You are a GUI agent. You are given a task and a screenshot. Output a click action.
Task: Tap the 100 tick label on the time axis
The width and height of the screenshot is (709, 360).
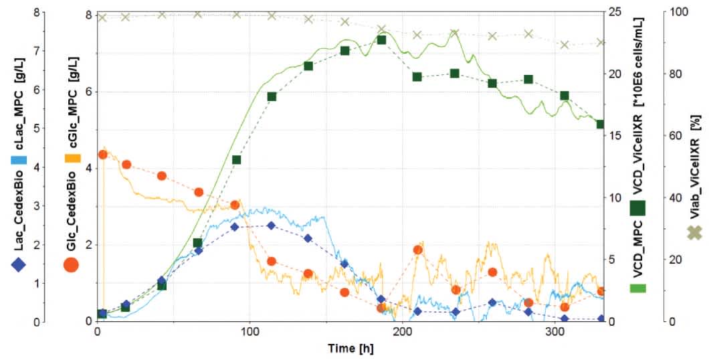pos(250,332)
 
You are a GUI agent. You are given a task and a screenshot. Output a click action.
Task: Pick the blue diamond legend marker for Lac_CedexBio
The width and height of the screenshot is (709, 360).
pos(19,264)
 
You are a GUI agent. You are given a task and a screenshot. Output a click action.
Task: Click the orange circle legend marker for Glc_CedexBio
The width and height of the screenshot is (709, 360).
pos(72,264)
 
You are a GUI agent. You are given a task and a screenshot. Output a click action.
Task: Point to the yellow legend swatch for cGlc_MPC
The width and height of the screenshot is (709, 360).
pos(72,159)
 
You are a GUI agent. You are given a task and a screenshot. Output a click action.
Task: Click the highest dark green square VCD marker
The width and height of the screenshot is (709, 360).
pos(381,40)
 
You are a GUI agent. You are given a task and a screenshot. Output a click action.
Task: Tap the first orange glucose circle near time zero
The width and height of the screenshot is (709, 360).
pos(103,155)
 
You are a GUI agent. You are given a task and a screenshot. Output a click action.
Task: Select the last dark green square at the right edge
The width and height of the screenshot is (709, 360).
pos(601,124)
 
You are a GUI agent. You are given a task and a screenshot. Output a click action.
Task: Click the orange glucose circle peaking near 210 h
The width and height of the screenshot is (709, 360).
pos(418,250)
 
